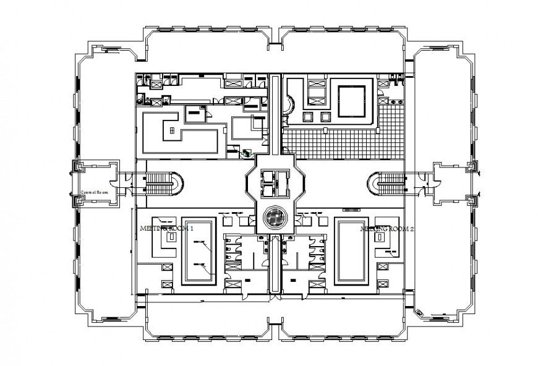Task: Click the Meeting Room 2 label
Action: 388,228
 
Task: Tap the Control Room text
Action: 95,193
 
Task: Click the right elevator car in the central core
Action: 282,182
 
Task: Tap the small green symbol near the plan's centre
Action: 247,153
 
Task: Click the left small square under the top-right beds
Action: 307,116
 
